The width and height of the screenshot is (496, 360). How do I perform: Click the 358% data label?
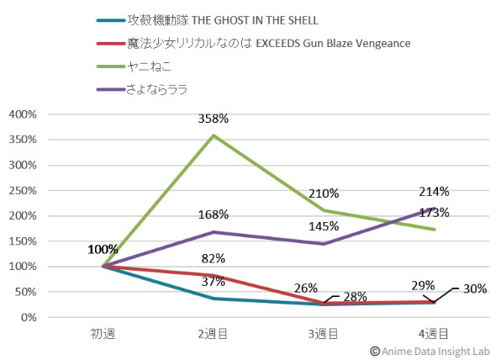[x=214, y=119]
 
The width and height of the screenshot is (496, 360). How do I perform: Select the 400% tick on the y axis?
[x=23, y=114]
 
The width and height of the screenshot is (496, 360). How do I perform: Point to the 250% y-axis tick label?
[x=23, y=191]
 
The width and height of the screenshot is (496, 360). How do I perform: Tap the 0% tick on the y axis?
[x=29, y=317]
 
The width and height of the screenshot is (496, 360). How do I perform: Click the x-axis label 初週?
[x=103, y=334]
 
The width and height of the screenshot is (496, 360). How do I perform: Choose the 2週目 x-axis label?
[x=213, y=334]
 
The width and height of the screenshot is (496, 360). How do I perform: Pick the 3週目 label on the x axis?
[x=323, y=334]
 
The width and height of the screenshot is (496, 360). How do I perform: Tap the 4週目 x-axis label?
[x=433, y=334]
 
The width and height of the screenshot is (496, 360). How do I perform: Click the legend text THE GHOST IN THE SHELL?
[x=255, y=20]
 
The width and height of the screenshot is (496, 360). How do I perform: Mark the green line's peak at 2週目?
[x=214, y=135]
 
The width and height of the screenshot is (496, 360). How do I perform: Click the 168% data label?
[x=214, y=214]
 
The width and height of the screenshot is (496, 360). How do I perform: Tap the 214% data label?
[x=434, y=192]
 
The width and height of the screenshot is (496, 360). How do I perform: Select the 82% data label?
[x=214, y=259]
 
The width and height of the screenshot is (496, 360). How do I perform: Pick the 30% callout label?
[x=475, y=289]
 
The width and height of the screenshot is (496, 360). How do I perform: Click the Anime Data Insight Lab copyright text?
[x=430, y=351]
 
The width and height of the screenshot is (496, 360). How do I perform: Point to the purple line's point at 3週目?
[x=324, y=243]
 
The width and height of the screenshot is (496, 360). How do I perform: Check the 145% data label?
[x=324, y=226]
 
